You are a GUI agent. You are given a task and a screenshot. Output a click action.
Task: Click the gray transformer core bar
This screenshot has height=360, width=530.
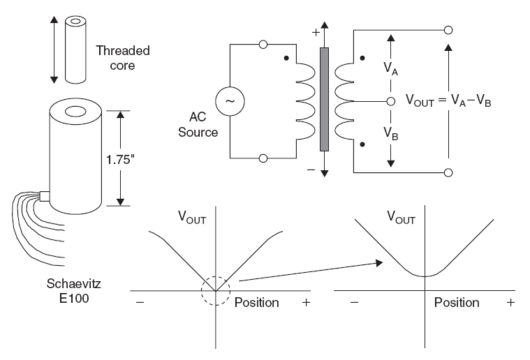point(324,99)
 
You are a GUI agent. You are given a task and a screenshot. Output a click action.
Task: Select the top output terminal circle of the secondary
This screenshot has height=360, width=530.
point(448,30)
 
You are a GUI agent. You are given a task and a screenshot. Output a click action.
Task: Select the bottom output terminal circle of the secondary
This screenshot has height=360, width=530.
point(448,172)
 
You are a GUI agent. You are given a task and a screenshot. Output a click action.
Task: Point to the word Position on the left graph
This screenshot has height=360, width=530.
point(256,303)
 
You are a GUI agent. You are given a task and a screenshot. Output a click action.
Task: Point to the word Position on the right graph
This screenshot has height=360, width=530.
point(457,303)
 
